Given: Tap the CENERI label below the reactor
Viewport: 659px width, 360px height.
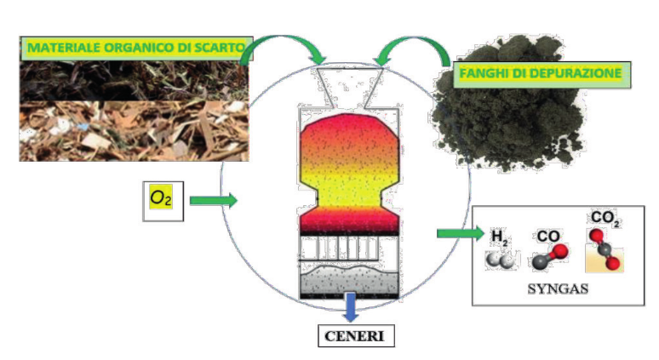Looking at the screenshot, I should (x=355, y=336).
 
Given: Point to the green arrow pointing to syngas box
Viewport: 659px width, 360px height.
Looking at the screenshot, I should (x=456, y=232).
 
